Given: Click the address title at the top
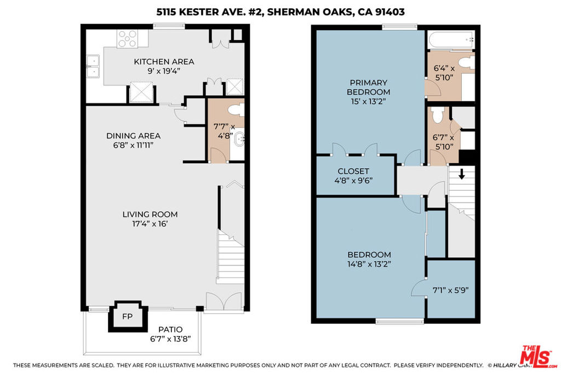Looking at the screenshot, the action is click(280, 12).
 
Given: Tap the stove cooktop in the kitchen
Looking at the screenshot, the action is click(127, 39).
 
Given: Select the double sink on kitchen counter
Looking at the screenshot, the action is click(93, 66).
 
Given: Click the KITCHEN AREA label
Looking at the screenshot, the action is click(164, 61).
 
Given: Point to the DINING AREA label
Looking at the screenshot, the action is click(134, 136).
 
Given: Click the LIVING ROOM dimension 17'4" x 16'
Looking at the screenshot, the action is click(150, 224).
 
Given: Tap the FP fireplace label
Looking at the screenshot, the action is click(127, 317).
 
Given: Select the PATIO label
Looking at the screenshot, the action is click(170, 329).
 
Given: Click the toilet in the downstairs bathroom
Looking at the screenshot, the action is click(236, 110).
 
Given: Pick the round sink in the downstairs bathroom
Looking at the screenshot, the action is click(239, 137).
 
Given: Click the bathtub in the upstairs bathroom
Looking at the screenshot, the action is click(451, 39).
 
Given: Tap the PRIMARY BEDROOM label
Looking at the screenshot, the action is click(369, 87).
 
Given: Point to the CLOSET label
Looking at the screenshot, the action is click(353, 171).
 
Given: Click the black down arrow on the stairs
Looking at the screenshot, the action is click(461, 174).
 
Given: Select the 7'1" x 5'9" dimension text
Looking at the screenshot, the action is click(450, 290).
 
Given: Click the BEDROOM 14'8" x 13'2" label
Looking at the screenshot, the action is click(369, 259).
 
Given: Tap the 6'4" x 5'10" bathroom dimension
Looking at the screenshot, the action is click(444, 73).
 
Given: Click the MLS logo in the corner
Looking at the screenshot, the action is click(538, 356).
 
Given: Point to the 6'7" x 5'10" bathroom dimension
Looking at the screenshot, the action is click(443, 142).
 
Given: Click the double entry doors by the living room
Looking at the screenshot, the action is click(224, 301).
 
